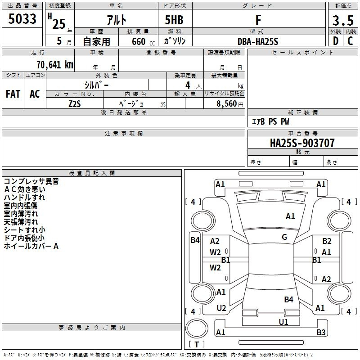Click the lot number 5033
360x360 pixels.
[x=22, y=19]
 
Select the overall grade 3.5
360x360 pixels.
[x=342, y=21]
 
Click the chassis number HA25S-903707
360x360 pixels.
[x=302, y=144]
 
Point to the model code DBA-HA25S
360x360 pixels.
[x=258, y=41]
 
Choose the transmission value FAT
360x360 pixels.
[x=13, y=94]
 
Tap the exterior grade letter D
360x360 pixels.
[x=335, y=41]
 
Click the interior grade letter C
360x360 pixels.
[x=350, y=41]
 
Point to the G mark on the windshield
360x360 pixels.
[x=284, y=237]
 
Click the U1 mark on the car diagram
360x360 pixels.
[x=283, y=322]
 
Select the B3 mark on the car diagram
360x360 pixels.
[x=321, y=333]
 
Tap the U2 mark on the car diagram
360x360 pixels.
[x=221, y=308]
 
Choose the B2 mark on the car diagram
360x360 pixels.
[x=327, y=241]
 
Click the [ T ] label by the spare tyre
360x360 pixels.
[x=197, y=344]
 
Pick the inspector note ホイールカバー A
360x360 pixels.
[x=31, y=246]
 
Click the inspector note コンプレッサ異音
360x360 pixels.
[x=31, y=181]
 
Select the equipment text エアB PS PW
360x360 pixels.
[x=270, y=121]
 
